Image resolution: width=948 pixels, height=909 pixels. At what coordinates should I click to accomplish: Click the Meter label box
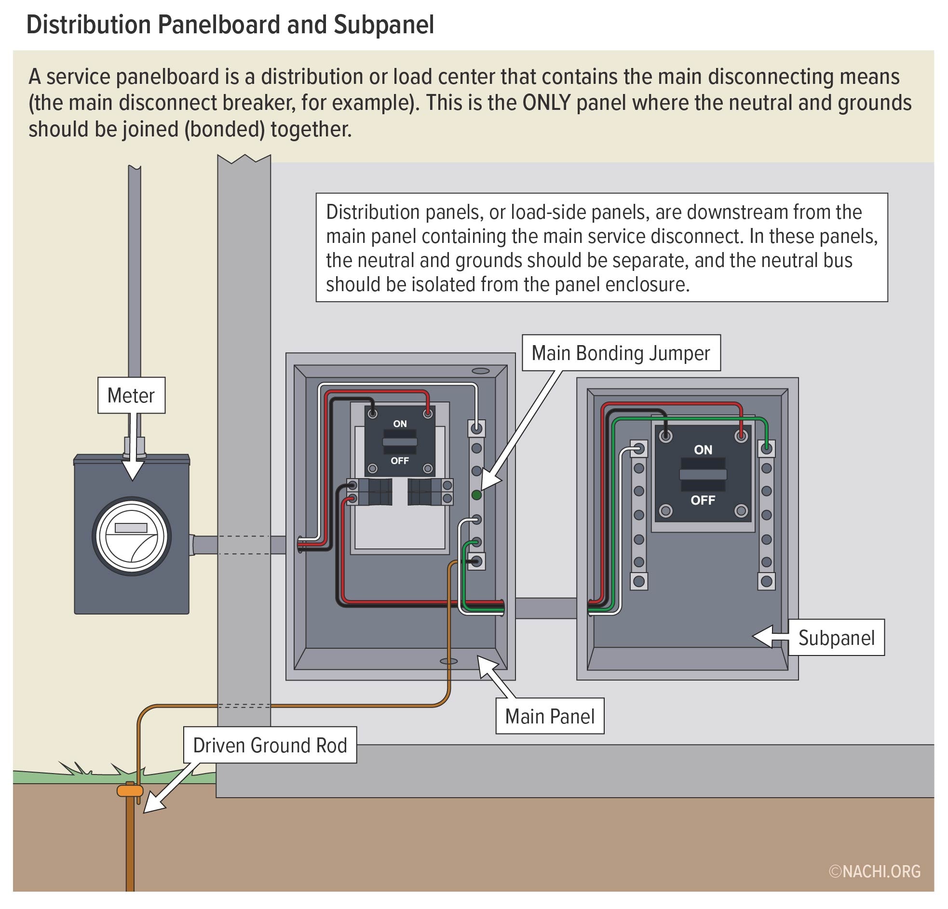point(131,395)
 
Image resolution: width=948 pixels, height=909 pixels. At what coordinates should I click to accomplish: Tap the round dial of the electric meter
point(132,535)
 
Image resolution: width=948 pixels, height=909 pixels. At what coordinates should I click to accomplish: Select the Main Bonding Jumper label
point(621,353)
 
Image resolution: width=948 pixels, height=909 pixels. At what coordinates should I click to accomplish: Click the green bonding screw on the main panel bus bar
point(476,495)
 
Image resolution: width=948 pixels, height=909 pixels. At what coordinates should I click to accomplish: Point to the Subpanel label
point(836,638)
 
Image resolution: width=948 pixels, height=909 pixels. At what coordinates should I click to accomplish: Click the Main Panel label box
point(549,716)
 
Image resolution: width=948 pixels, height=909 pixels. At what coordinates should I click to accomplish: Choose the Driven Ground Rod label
point(270,745)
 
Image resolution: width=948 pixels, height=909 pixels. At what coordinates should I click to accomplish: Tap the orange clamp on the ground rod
point(130,790)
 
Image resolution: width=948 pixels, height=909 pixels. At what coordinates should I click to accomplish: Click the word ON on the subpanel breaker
point(703,450)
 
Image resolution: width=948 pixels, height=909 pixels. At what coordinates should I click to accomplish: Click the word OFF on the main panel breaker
point(400,460)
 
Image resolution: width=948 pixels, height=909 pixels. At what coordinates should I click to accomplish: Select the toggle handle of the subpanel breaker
point(703,474)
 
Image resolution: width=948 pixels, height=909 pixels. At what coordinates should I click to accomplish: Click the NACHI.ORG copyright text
point(875,871)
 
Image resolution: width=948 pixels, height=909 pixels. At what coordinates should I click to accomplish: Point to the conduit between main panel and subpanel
point(545,608)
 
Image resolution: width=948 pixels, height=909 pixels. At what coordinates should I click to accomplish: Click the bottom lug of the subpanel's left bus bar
point(638,581)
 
